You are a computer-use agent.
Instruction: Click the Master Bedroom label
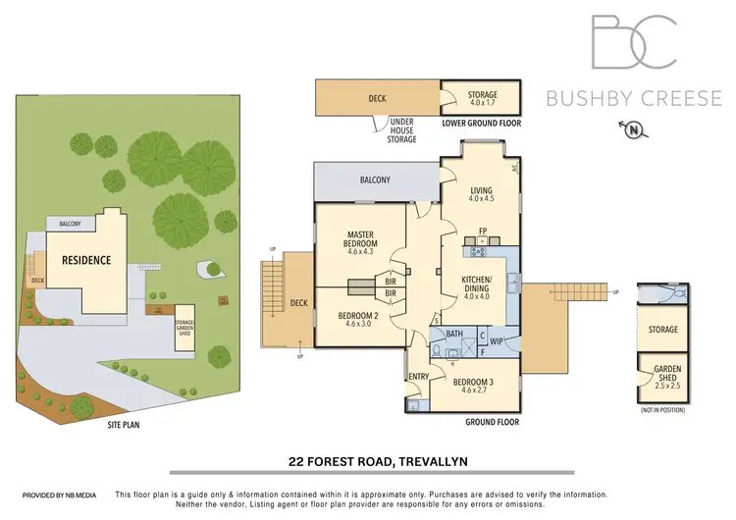361,239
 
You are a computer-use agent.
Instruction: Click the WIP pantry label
497,341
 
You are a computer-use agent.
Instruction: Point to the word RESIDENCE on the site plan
86,260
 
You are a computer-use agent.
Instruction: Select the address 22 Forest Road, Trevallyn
368,459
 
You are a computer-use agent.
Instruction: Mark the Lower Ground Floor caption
481,124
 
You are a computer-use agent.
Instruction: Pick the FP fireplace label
483,232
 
